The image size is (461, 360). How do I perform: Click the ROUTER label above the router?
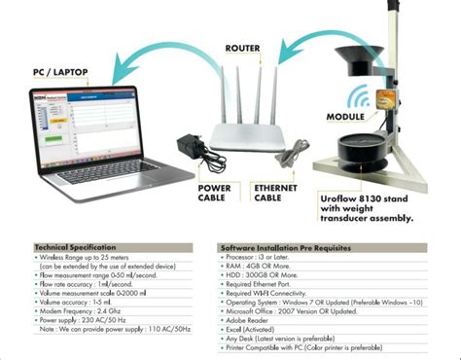pyautogui.click(x=242, y=48)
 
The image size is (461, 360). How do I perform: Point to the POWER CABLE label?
pyautogui.click(x=213, y=192)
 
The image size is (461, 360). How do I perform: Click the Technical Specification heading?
pyautogui.click(x=76, y=247)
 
